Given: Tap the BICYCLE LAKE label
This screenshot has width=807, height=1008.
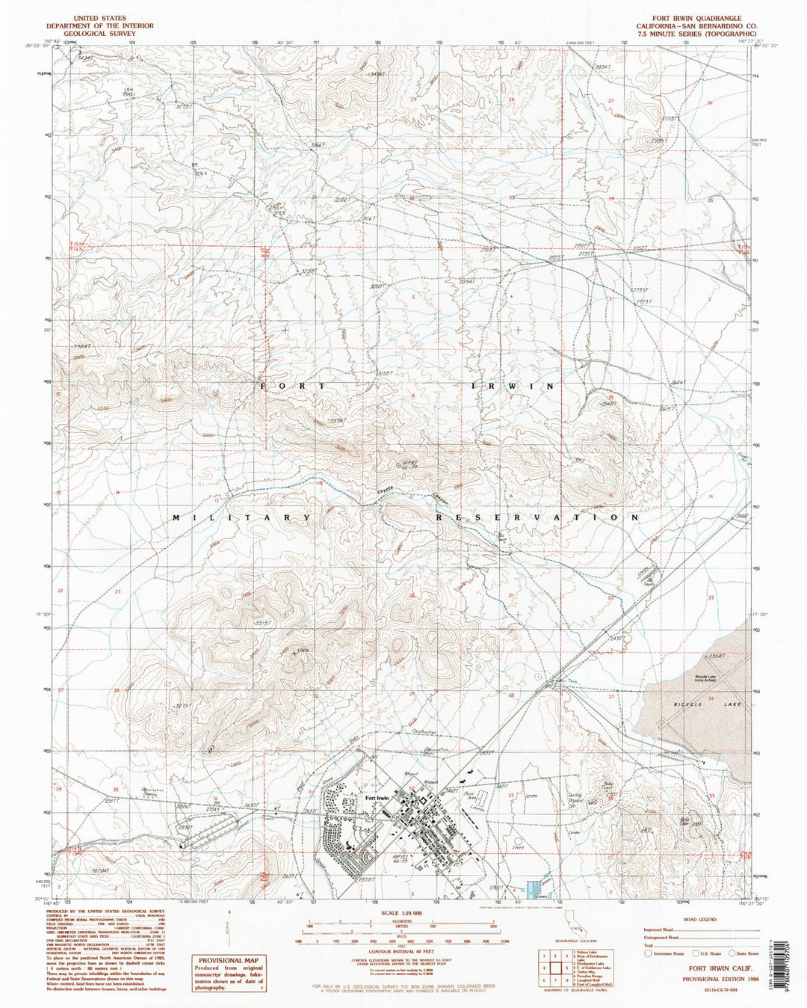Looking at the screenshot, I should (x=702, y=705).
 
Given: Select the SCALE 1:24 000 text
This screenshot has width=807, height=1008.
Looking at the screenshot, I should (x=401, y=914).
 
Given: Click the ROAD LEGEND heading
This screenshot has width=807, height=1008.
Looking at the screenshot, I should (x=699, y=920).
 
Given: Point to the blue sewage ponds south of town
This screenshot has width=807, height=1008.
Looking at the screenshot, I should (x=536, y=890).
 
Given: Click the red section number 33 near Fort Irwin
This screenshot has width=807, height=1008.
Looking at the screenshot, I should (x=511, y=795).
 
